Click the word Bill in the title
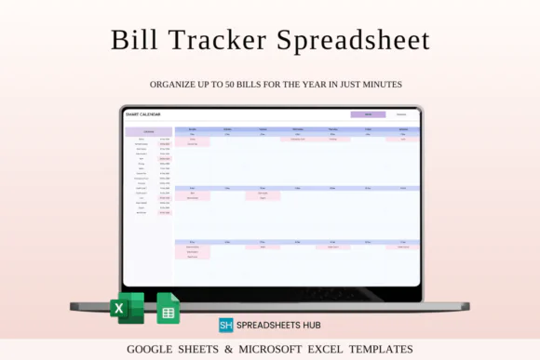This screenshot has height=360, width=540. (x=134, y=40)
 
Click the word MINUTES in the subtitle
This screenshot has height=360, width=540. (x=381, y=85)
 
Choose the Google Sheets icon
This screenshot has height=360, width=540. (x=168, y=308)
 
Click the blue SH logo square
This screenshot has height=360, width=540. (x=226, y=325)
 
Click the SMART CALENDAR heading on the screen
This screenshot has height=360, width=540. (x=143, y=114)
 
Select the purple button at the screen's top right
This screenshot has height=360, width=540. (x=368, y=114)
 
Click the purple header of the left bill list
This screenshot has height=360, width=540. (x=147, y=132)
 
